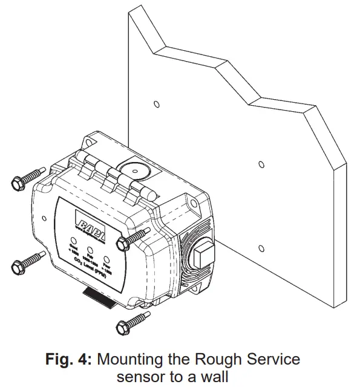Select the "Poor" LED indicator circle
106,257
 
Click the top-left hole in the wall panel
156,104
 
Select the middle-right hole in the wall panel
261,164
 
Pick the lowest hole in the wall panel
261,247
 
